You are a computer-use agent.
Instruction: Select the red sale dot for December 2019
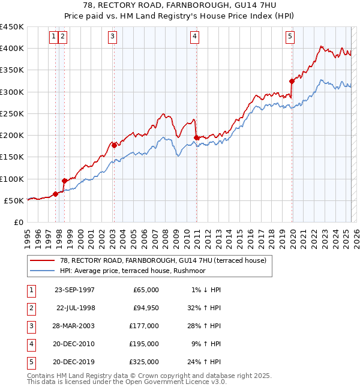292,81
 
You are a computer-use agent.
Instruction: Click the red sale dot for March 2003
114,145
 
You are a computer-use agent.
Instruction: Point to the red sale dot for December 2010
196,137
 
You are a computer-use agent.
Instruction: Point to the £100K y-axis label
12,179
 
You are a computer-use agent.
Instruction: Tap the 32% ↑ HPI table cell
206,308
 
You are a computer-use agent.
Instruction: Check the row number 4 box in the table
30,344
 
